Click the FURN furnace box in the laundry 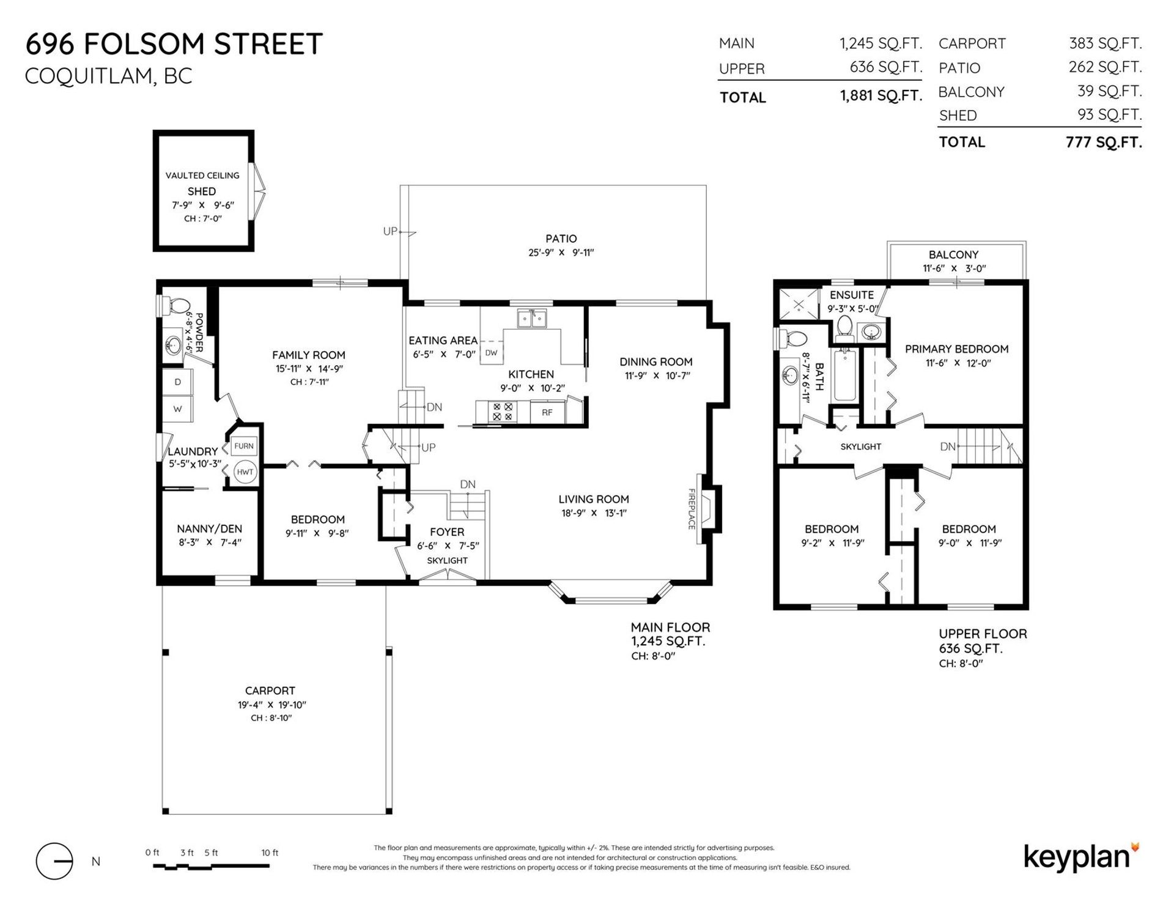coord(244,446)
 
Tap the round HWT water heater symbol coord(245,472)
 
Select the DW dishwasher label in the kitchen coord(491,353)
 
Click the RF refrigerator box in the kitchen coord(547,412)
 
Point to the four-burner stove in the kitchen coord(503,412)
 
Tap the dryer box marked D coord(178,382)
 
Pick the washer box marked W coord(178,409)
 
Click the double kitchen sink coord(531,318)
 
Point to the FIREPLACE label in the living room coord(692,508)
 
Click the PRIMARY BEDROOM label coord(956,349)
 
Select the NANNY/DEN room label coord(209,529)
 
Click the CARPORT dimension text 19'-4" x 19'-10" coord(271,705)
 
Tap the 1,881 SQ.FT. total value coord(880,96)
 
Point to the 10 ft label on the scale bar coord(270,853)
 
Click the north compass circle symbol coord(54,861)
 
